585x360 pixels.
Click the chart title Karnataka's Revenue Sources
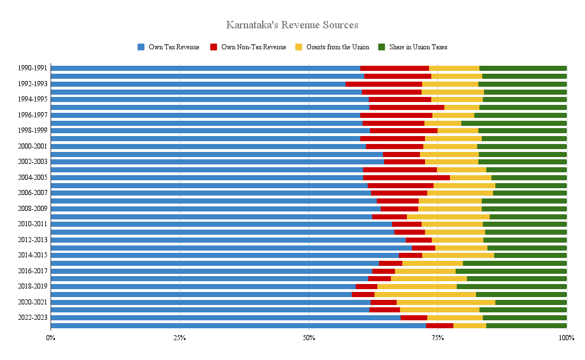[292, 25]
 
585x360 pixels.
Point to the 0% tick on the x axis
[50, 338]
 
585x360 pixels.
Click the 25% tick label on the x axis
[180, 338]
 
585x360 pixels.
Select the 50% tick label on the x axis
[309, 338]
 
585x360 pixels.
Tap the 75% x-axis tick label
[437, 338]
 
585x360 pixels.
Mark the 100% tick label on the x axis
[566, 338]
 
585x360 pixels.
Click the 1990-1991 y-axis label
[32, 68]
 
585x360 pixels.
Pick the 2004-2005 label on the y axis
[32, 177]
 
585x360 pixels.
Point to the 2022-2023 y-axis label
[32, 317]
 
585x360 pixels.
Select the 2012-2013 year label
[32, 240]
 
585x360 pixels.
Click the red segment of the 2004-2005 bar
[406, 177]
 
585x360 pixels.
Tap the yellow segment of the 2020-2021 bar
[446, 302]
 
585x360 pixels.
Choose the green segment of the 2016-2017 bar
[511, 271]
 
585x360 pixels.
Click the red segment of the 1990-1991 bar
[394, 68]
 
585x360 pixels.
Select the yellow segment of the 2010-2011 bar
[452, 224]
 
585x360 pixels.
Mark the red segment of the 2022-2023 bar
[414, 317]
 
